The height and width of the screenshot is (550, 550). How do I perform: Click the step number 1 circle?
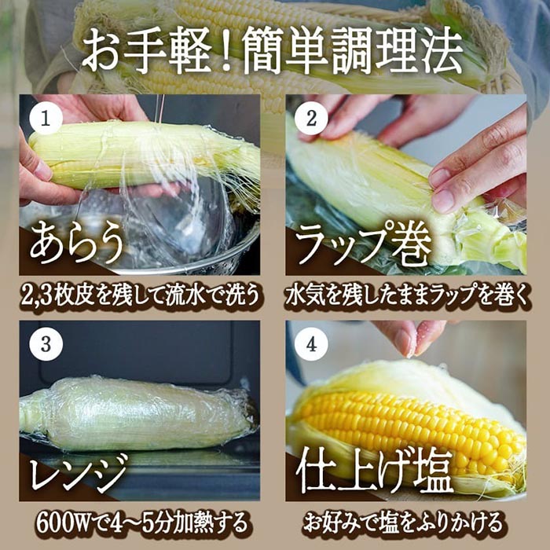tap(46, 118)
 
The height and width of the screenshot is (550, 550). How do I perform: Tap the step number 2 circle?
tap(311, 118)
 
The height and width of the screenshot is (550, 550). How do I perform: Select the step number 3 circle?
tap(46, 344)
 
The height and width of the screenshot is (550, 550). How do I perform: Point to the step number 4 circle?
tap(311, 344)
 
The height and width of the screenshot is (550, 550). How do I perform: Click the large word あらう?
tap(77, 244)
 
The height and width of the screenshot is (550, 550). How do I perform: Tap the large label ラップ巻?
tap(364, 244)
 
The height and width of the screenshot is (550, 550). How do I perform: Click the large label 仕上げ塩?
tap(374, 471)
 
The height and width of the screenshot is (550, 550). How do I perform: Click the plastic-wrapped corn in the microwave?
tap(137, 414)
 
